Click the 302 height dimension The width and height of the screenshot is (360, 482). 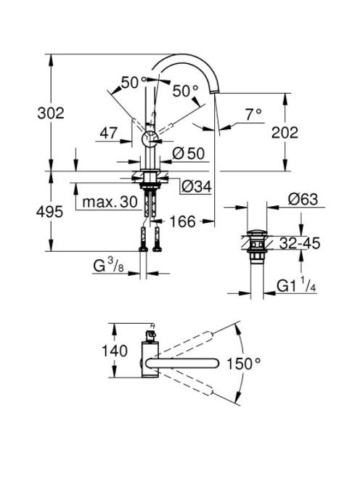tap(51, 113)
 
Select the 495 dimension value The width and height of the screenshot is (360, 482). tap(49, 211)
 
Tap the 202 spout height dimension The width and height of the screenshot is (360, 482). tap(285, 133)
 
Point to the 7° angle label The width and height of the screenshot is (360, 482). tap(253, 115)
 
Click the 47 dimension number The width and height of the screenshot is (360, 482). tap(109, 133)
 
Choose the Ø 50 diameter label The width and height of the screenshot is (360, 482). tap(188, 153)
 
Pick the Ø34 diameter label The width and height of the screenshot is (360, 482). tap(197, 186)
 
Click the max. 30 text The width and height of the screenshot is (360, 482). tap(110, 202)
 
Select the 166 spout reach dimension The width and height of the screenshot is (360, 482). tap(182, 221)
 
